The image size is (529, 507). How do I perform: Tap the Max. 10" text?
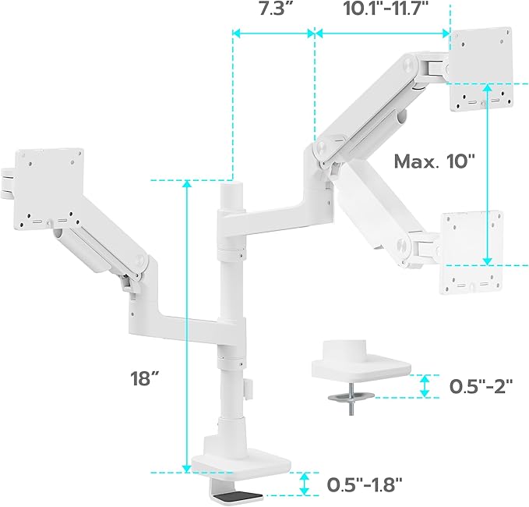(x=434, y=162)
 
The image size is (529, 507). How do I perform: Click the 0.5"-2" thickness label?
(x=481, y=386)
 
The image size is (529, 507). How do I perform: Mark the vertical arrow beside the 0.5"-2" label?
(x=425, y=385)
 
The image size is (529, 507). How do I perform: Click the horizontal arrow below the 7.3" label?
(x=273, y=34)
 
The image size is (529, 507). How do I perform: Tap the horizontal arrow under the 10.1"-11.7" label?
(x=382, y=34)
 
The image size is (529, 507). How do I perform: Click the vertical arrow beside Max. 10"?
(x=488, y=183)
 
